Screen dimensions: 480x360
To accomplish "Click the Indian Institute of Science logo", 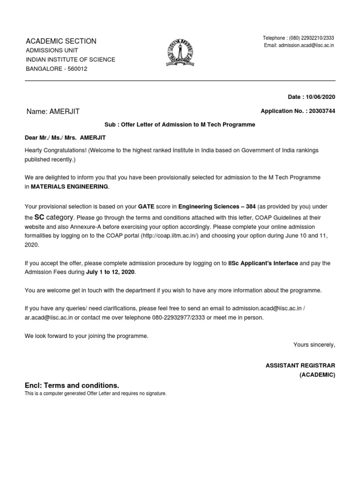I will click(x=177, y=53).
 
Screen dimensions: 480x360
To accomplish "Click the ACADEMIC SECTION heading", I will click(x=60, y=41).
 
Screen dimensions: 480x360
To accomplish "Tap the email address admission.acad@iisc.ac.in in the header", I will click(x=306, y=45).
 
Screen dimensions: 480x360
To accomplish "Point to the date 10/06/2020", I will click(x=321, y=97).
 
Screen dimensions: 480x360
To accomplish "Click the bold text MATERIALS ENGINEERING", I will click(x=69, y=187).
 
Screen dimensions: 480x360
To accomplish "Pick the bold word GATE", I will click(x=146, y=206).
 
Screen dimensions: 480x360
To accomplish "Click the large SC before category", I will click(x=39, y=217).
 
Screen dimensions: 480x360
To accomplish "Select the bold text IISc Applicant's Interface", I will click(x=263, y=263).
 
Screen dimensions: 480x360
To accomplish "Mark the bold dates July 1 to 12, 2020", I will click(x=110, y=272).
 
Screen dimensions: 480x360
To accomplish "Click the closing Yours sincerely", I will click(x=314, y=345).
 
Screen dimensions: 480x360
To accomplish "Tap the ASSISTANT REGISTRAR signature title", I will click(x=300, y=365).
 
